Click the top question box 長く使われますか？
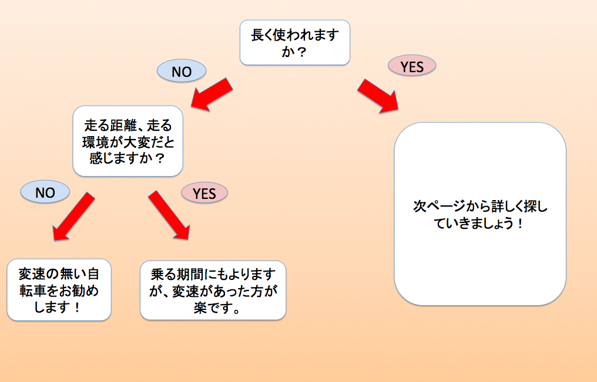(295, 42)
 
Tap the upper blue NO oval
(182, 71)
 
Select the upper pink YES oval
(412, 66)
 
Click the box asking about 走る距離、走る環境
(128, 141)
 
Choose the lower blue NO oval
(45, 192)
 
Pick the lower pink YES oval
(204, 192)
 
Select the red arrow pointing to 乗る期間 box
(169, 215)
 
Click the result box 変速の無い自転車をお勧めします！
(59, 290)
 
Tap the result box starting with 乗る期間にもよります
(213, 290)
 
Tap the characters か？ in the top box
(295, 51)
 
